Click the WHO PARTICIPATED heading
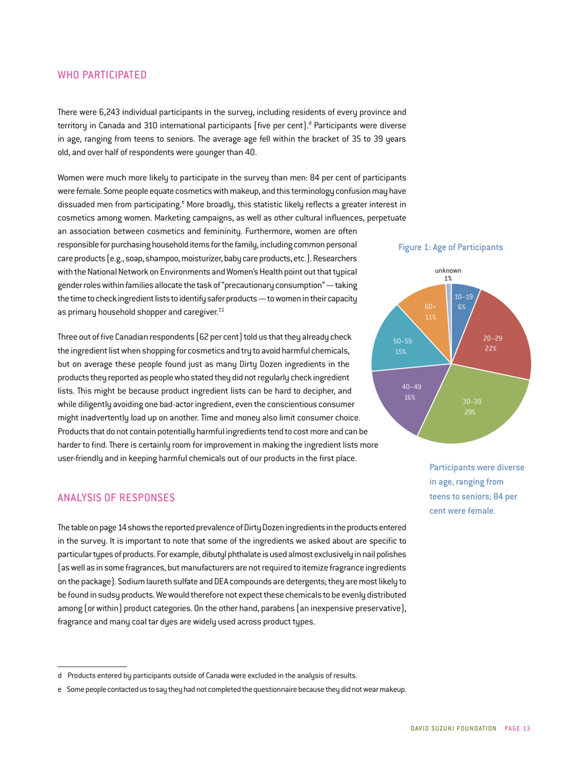[102, 76]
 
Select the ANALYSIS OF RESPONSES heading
[117, 497]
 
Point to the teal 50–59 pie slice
[399, 344]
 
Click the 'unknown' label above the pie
[447, 271]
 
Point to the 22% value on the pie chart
[492, 348]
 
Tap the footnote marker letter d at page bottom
[59, 675]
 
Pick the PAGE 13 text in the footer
[517, 728]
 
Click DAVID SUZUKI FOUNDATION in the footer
[451, 728]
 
